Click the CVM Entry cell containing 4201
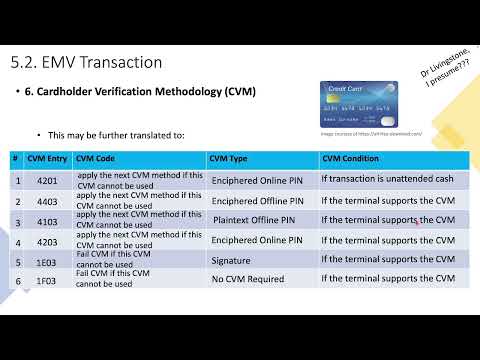47,180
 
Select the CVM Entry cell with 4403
47,200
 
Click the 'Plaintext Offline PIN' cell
253,220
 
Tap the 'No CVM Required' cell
246,279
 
